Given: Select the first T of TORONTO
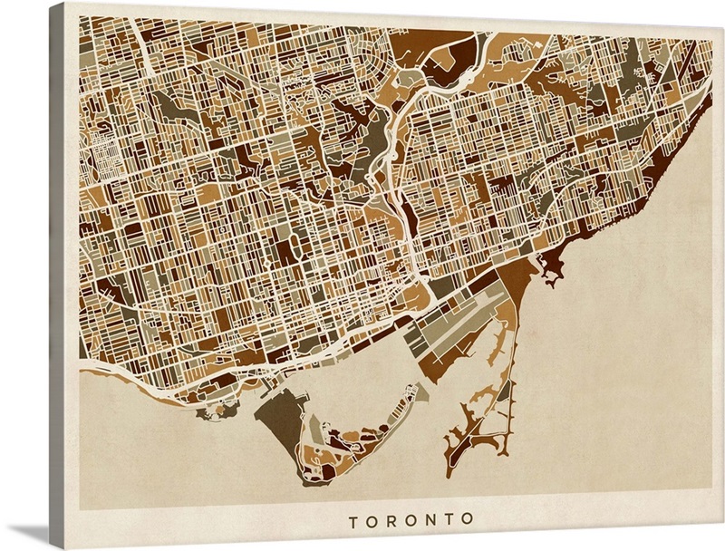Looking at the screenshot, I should point(353,520).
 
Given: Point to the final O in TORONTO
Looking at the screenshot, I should point(469,520).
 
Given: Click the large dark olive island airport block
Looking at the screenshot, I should point(280,416).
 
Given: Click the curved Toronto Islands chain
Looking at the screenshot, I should point(362,435).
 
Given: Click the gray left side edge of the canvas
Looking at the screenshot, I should point(56,272).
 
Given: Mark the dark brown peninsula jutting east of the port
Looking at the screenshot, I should point(548,264).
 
